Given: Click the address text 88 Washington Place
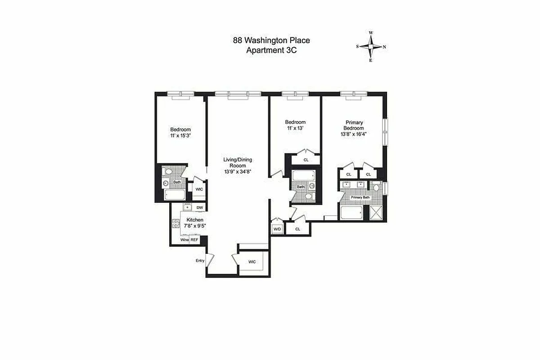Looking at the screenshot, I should click(271, 40).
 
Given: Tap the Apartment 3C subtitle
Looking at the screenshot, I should click(271, 50).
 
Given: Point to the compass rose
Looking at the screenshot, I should click(371, 46).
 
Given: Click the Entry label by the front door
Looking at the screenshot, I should click(200, 261).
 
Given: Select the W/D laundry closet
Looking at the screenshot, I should click(277, 229).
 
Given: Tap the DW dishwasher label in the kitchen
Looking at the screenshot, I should click(200, 207).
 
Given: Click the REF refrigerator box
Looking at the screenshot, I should click(194, 240).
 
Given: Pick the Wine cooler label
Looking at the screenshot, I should click(184, 240).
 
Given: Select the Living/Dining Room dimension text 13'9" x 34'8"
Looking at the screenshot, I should click(238, 171).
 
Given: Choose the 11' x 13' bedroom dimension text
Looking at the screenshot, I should click(295, 128).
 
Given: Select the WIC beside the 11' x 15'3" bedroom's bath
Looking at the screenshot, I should click(199, 189).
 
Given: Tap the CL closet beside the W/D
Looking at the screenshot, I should click(298, 229).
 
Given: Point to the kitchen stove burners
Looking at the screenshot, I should click(175, 224).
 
